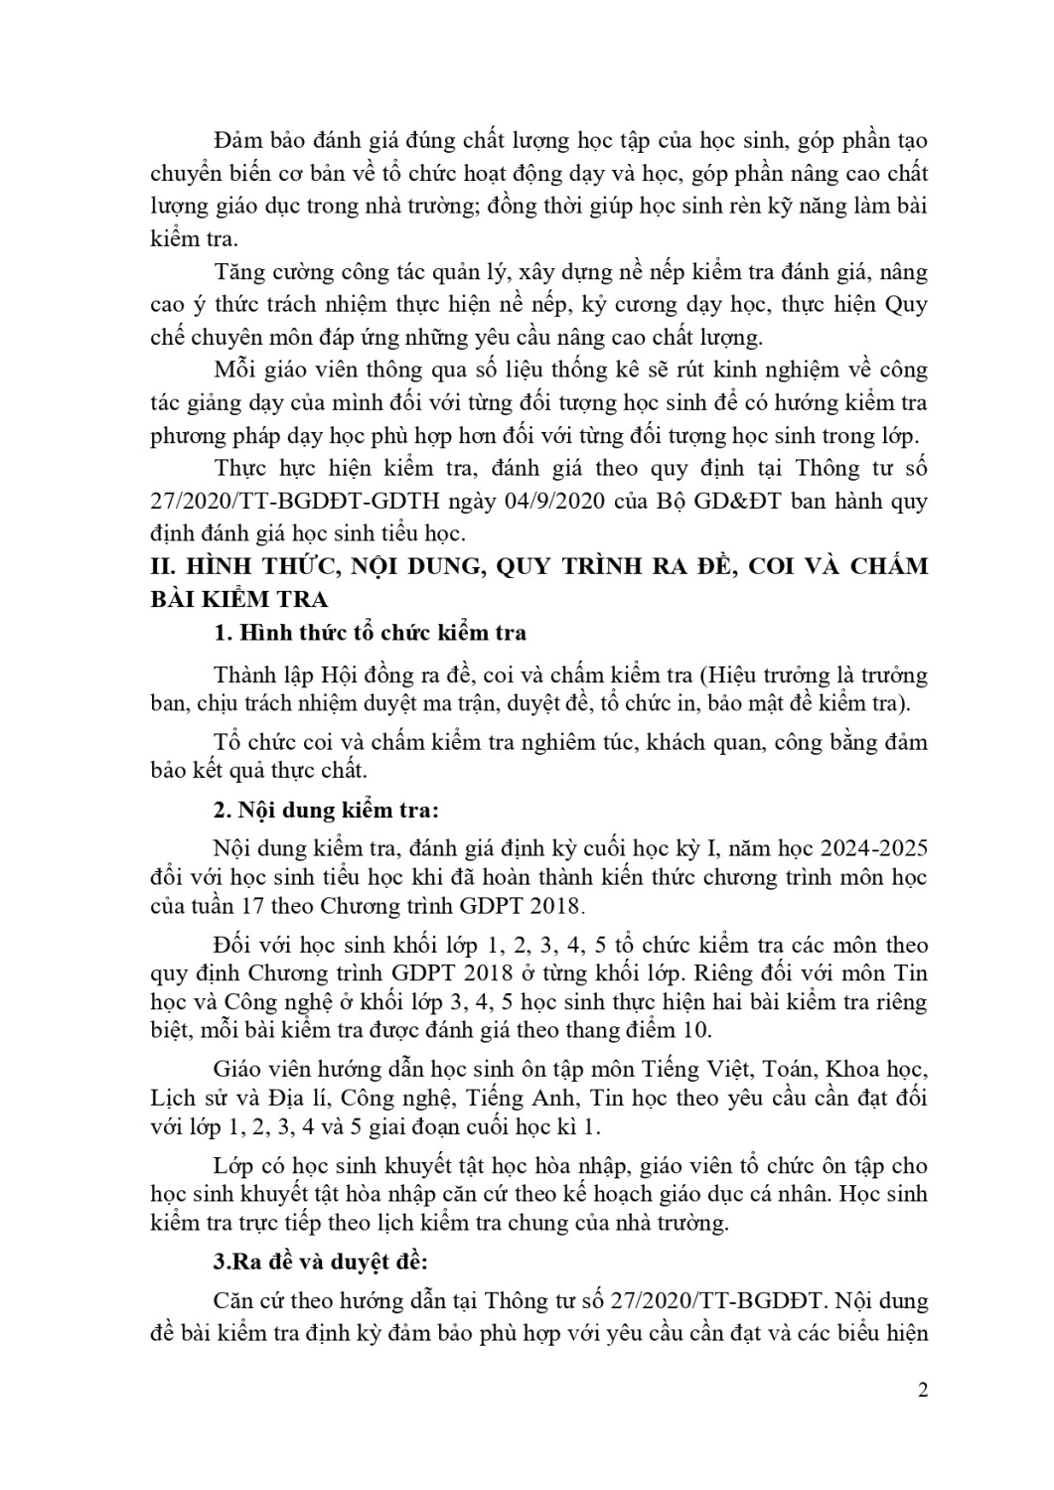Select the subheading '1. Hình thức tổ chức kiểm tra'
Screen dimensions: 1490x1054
coord(370,634)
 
